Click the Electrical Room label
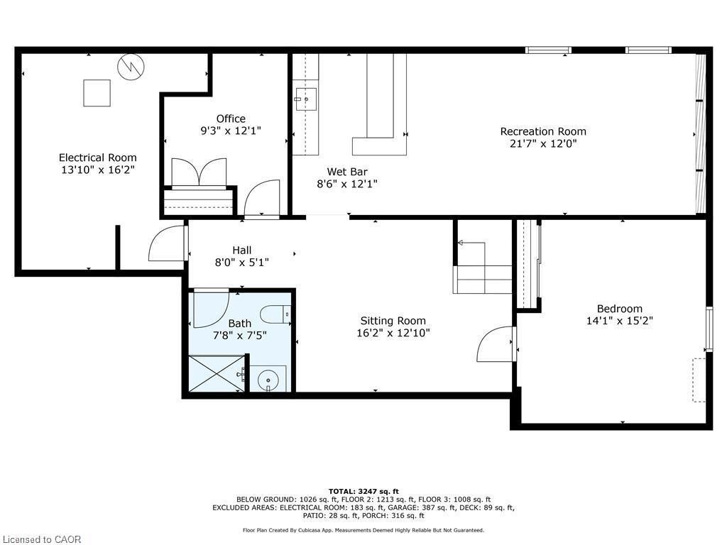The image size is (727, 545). pyautogui.click(x=97, y=158)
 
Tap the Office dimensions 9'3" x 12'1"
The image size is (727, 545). pyautogui.click(x=231, y=131)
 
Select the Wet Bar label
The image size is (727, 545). pyautogui.click(x=346, y=171)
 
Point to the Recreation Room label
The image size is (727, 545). pyautogui.click(x=543, y=131)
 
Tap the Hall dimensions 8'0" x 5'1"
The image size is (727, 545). pyautogui.click(x=241, y=263)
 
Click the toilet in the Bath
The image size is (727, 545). pyautogui.click(x=275, y=313)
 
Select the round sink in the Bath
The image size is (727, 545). pyautogui.click(x=268, y=380)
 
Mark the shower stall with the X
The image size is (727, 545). pyautogui.click(x=215, y=373)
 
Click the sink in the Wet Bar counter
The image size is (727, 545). pyautogui.click(x=306, y=99)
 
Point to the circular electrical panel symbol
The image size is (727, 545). pyautogui.click(x=131, y=67)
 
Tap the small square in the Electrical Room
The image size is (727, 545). pyautogui.click(x=97, y=93)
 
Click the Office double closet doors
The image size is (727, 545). pyautogui.click(x=199, y=172)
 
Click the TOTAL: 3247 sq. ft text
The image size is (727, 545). pyautogui.click(x=363, y=491)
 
